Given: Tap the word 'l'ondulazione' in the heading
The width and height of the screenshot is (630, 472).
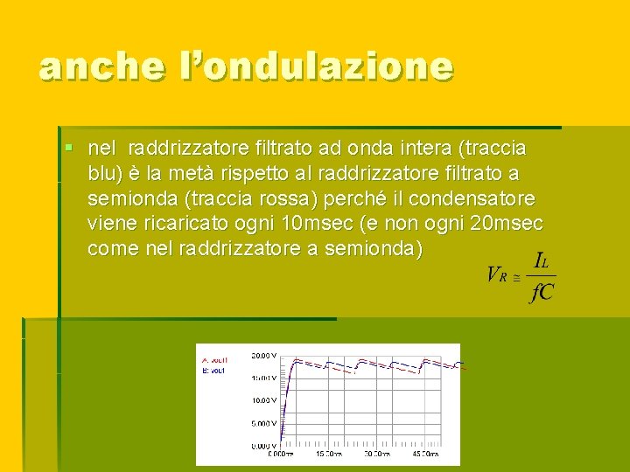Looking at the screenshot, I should [317, 67].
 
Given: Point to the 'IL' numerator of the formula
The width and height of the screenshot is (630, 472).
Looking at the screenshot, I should [542, 260].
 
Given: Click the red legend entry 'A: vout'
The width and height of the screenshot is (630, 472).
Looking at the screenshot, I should [215, 359].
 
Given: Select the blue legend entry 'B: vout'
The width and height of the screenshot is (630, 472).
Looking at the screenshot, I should [215, 369].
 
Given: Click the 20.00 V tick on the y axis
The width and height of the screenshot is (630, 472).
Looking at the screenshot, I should [265, 356].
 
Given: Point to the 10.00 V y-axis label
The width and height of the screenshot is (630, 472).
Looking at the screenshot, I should [265, 400].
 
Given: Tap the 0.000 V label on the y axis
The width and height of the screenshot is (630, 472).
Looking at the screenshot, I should [265, 446].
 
